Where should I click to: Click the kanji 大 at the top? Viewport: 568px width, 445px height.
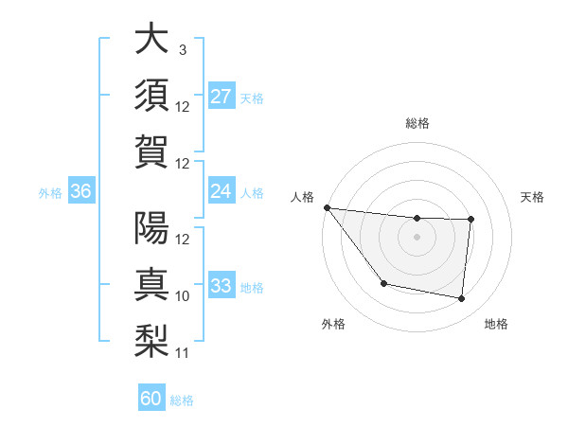click(151, 40)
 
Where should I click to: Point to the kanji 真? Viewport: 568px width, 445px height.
click(151, 284)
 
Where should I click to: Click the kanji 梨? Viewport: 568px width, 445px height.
click(151, 340)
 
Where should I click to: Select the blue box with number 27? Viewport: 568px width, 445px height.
click(221, 96)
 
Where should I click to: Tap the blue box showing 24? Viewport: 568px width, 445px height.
click(221, 191)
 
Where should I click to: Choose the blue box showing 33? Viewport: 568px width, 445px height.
click(221, 285)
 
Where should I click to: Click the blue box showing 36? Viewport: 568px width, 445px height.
click(80, 191)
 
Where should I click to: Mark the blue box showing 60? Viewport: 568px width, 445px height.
click(151, 399)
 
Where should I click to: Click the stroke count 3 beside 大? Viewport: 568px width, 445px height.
click(182, 50)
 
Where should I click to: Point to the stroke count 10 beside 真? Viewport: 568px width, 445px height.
click(183, 296)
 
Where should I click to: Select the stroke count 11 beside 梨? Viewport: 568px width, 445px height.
click(183, 353)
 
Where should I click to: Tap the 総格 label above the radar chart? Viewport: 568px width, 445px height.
click(417, 123)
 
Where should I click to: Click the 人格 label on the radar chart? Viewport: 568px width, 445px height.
click(303, 197)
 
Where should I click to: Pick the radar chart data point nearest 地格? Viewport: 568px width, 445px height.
click(461, 299)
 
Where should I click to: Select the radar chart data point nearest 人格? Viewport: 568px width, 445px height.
click(328, 207)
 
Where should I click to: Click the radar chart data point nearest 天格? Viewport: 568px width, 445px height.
click(470, 220)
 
